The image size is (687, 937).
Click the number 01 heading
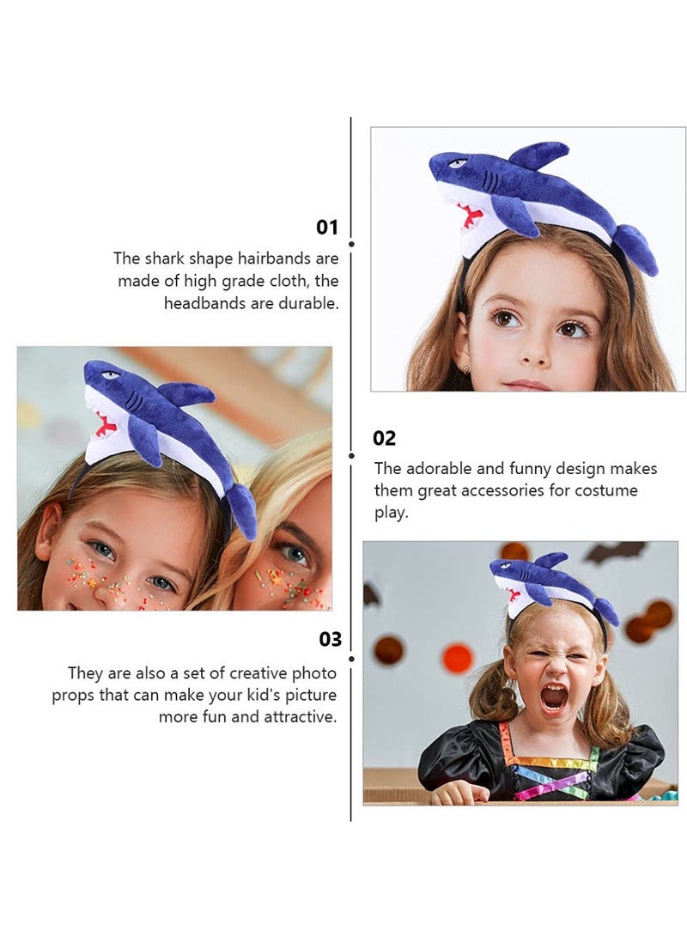click(x=327, y=228)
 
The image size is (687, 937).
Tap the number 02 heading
click(x=384, y=438)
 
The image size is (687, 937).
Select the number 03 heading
click(x=330, y=640)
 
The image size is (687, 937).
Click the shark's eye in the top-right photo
click(x=458, y=163)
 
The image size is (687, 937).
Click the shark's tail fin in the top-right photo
click(x=636, y=248)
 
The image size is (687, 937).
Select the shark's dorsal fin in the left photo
click(x=186, y=394)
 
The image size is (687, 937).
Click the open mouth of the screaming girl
click(x=554, y=697)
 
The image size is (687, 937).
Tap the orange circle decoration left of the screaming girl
click(x=458, y=658)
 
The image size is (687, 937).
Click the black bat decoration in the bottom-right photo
click(x=617, y=551)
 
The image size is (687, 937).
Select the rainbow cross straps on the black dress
click(x=550, y=772)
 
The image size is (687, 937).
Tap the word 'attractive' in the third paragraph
click(x=297, y=716)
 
